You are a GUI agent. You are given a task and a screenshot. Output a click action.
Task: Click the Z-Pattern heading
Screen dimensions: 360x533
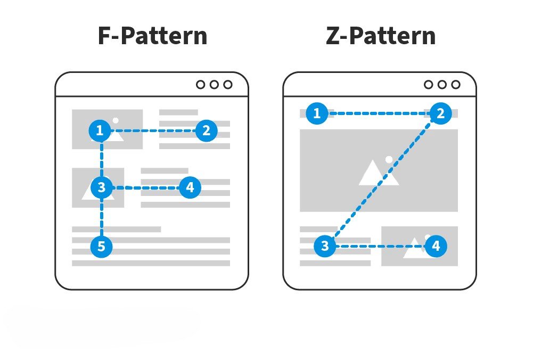(x=380, y=36)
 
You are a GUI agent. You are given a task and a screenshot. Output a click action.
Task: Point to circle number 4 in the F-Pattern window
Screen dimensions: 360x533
(x=190, y=188)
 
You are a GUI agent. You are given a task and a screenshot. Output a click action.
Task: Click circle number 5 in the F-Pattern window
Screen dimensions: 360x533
(x=101, y=247)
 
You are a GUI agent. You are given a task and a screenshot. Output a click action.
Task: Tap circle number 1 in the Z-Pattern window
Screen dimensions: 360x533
(x=317, y=113)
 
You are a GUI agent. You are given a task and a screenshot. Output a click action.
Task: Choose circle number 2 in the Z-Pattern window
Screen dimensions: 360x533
(x=440, y=113)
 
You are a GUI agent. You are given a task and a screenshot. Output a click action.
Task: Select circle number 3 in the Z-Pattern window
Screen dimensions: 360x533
(x=325, y=246)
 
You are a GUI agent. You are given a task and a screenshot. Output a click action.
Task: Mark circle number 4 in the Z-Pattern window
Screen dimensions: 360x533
(x=436, y=246)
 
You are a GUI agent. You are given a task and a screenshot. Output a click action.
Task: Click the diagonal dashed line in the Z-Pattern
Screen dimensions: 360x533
(x=382, y=180)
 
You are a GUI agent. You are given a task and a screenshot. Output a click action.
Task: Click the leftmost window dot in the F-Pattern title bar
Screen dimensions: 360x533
(x=201, y=84)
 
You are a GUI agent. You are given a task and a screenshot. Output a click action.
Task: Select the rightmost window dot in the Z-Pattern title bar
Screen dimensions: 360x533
(x=455, y=84)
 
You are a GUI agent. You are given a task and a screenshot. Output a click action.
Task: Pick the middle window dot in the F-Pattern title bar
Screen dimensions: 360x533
(x=214, y=84)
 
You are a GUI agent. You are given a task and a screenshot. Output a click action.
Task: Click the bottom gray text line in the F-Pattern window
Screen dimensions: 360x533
(x=151, y=263)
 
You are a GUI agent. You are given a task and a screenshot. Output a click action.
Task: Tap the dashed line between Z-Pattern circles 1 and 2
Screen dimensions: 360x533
(x=379, y=113)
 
